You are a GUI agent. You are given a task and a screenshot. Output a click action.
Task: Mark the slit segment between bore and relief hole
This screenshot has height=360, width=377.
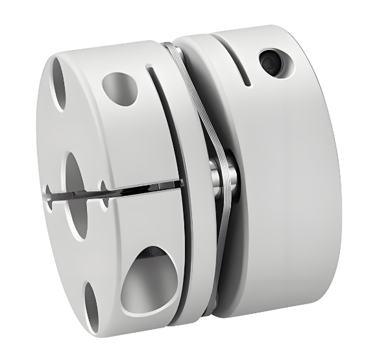pyautogui.click(x=95, y=191)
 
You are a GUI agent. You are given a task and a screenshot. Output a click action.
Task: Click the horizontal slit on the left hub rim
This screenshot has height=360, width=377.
pyautogui.click(x=149, y=189)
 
